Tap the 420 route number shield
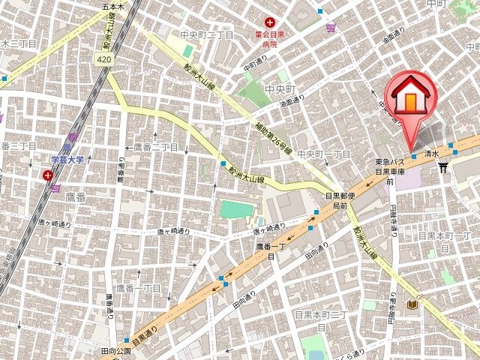[105, 58]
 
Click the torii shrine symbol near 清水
[443, 166]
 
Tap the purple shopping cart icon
[331, 28]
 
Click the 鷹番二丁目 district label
[155, 147]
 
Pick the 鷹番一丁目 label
[138, 288]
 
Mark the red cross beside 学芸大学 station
[49, 175]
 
